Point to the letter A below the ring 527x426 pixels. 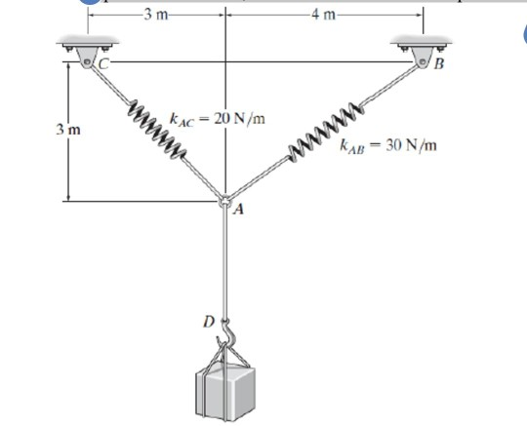[x=237, y=210]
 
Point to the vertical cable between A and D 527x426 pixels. [x=225, y=263]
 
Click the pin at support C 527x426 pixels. [x=87, y=62]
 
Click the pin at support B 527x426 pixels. [x=424, y=62]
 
